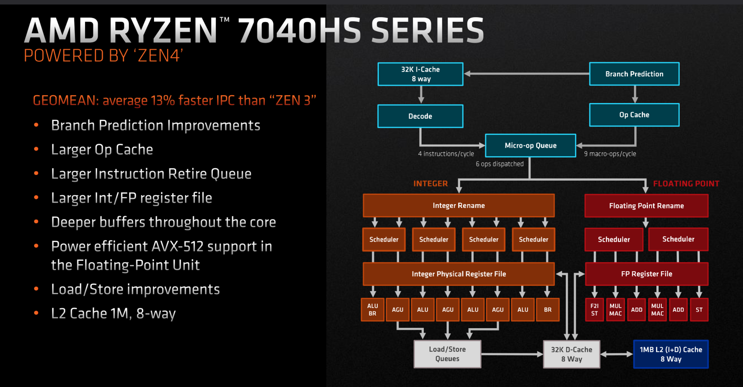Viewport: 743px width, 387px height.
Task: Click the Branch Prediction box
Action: coord(634,74)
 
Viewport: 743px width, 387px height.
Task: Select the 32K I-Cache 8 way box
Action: coord(420,74)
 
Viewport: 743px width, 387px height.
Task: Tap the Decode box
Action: coord(420,116)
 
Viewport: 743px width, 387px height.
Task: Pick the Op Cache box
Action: coord(634,115)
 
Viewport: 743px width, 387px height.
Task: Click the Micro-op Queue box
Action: coord(530,146)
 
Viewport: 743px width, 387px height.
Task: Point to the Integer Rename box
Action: coord(459,205)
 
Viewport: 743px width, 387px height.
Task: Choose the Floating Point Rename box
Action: coord(646,206)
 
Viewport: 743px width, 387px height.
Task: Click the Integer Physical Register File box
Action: coord(459,274)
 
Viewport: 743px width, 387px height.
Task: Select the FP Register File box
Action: coord(646,274)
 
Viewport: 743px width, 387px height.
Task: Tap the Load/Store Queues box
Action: coord(447,354)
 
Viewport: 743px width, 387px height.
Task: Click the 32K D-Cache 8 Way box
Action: coord(572,354)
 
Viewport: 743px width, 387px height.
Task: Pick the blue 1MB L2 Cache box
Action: coord(671,354)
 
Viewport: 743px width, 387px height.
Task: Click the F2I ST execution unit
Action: coord(594,310)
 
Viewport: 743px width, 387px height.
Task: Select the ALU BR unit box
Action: coord(372,310)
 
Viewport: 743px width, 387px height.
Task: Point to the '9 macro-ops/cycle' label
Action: coord(610,154)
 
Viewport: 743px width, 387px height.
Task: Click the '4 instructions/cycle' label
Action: coord(446,154)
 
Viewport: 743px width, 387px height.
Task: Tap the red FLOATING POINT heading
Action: coord(686,184)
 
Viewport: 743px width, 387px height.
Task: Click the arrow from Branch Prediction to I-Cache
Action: coord(526,74)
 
